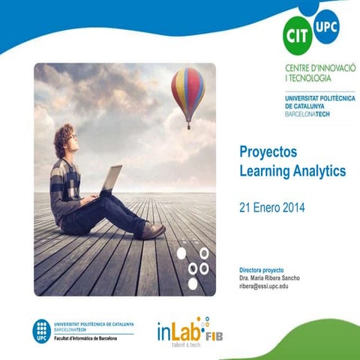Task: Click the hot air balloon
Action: pos(187,88)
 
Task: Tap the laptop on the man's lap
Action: pos(110,181)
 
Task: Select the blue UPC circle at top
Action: pos(326,26)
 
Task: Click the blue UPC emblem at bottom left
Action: pos(41,329)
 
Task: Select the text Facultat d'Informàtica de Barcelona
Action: pos(91,338)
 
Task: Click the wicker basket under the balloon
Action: pos(188,125)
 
